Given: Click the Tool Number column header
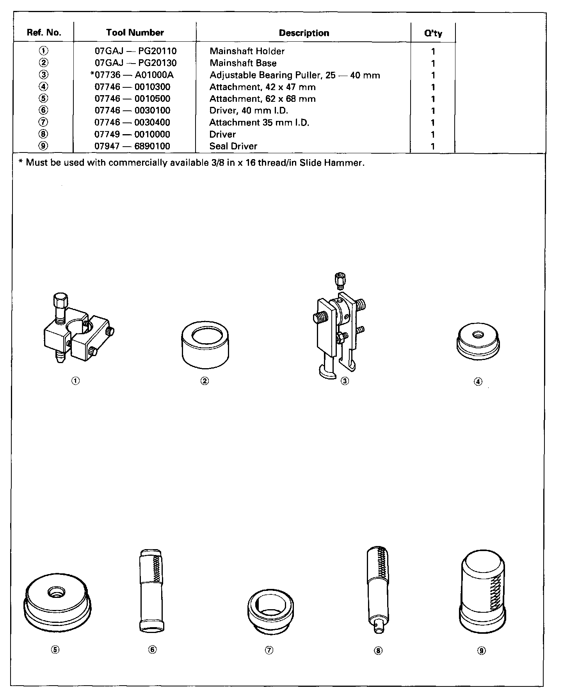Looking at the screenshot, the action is click(135, 33).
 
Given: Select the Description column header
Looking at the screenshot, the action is click(304, 33).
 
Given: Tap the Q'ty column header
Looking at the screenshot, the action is click(433, 34).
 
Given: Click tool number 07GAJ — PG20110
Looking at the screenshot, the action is click(135, 51).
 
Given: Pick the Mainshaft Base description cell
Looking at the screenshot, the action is click(243, 63).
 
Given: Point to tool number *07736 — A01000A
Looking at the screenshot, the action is click(132, 75).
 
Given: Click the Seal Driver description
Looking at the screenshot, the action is click(233, 146).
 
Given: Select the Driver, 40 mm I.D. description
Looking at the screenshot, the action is click(249, 110).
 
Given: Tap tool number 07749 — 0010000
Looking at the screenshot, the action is click(132, 134).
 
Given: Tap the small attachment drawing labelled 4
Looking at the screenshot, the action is click(478, 341).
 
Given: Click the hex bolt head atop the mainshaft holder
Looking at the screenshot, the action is click(60, 301).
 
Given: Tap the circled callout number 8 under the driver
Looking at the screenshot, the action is click(378, 650).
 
